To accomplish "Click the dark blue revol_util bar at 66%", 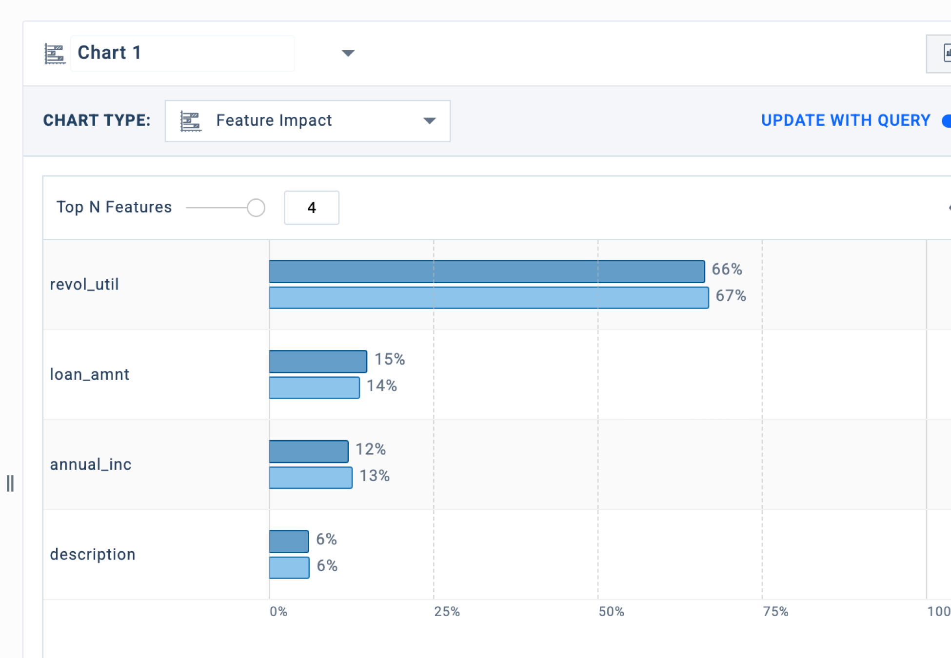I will (487, 271).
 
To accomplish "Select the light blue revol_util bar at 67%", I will (489, 298).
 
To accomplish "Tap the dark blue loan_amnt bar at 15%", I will (318, 362).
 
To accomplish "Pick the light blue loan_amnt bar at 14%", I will (315, 388).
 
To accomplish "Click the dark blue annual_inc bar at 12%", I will (309, 451).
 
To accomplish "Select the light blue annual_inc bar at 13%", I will (311, 478).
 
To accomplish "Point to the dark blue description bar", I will (289, 542).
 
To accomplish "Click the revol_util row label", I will (84, 284).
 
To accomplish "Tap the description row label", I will (93, 554).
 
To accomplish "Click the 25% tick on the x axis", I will (447, 611).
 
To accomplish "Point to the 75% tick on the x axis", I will (775, 611).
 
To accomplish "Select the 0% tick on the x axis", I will (278, 611).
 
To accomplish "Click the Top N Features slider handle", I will (256, 208).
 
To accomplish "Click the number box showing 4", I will (312, 208).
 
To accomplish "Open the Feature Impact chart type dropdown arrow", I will (429, 121).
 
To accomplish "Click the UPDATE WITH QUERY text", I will (846, 120).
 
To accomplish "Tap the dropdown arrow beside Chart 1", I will (348, 53).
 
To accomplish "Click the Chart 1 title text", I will (110, 53).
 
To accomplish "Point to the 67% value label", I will (731, 295).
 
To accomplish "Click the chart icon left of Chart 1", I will (54, 54).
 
